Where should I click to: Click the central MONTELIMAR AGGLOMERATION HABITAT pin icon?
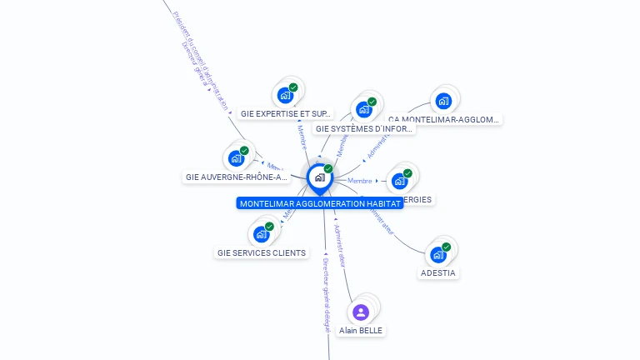click(x=319, y=177)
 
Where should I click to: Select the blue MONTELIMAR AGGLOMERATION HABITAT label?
click(x=320, y=203)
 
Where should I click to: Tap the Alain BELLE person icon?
click(x=361, y=312)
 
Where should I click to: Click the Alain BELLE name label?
click(x=361, y=331)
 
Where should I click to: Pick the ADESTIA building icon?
click(x=438, y=254)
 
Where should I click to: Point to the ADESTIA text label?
click(x=438, y=272)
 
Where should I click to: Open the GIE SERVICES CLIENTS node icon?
click(x=262, y=233)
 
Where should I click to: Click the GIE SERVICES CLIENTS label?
click(x=262, y=252)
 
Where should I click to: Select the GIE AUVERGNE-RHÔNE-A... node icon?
click(x=237, y=157)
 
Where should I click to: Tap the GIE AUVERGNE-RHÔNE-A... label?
click(x=237, y=177)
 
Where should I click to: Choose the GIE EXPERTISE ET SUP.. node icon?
click(x=286, y=94)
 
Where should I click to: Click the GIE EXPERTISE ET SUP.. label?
click(x=286, y=113)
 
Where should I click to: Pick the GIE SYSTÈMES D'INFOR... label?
click(x=364, y=129)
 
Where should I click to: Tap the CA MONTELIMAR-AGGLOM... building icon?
click(x=443, y=102)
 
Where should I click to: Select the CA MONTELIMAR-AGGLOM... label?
click(x=443, y=120)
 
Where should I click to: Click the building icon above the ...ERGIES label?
click(x=400, y=180)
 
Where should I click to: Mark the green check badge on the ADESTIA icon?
click(x=447, y=247)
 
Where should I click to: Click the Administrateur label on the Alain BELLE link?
click(x=340, y=245)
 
